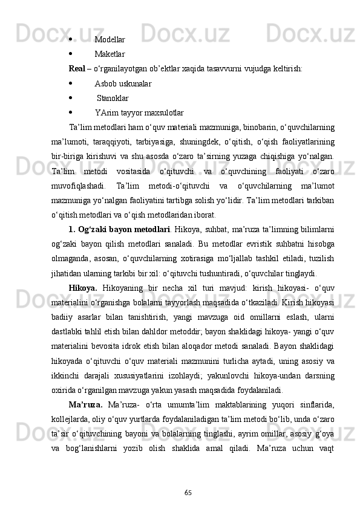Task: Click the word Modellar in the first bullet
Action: point(110,39)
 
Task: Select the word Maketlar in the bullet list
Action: point(110,54)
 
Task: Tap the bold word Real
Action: point(77,68)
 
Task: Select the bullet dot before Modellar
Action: point(71,39)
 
